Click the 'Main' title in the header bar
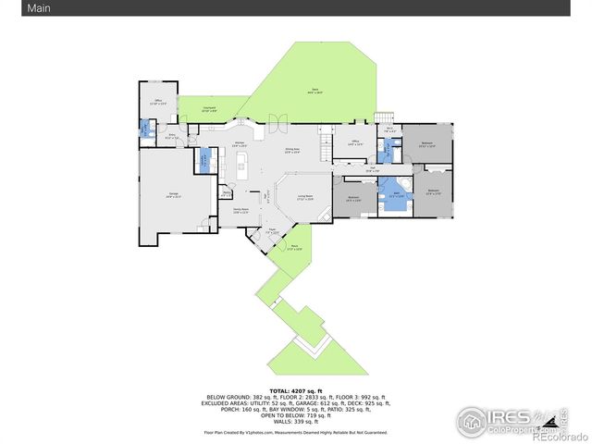tap(14, 8)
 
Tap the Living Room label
tap(305, 196)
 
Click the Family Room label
tap(240, 211)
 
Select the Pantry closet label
tap(226, 194)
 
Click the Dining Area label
tap(292, 150)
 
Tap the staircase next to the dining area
tap(325, 146)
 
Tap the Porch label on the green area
tap(294, 248)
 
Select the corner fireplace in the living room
tap(324, 215)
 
